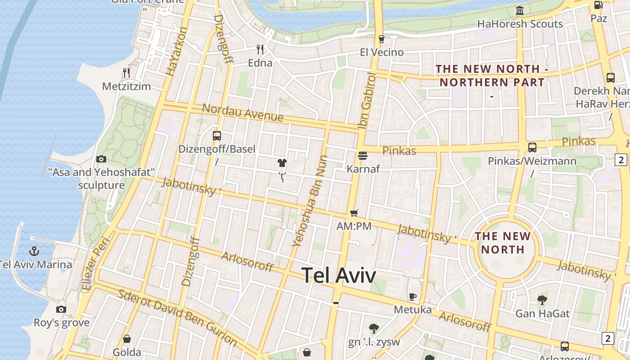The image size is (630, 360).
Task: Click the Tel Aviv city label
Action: click(338, 275)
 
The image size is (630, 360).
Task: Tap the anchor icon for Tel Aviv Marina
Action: click(34, 251)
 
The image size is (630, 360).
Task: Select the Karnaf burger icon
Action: click(363, 156)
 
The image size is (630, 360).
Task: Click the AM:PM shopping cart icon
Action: click(354, 213)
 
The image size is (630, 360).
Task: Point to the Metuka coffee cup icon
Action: click(413, 297)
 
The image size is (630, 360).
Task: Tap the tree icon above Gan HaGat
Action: click(542, 300)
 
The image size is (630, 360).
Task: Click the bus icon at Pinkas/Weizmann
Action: click(532, 147)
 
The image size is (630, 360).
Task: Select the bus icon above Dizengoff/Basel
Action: click(217, 135)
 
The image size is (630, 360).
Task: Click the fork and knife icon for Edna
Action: click(260, 49)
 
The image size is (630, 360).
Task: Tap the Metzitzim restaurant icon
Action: click(126, 72)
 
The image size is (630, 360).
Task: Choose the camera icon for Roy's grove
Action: click(61, 309)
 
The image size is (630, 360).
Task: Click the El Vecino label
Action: click(382, 53)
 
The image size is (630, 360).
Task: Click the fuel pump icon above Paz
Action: click(598, 5)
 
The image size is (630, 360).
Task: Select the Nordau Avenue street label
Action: click(243, 113)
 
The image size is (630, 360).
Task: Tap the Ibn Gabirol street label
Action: click(367, 100)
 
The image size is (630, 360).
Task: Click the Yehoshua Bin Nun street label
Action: click(310, 201)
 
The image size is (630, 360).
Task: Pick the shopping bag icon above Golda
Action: click(127, 338)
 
